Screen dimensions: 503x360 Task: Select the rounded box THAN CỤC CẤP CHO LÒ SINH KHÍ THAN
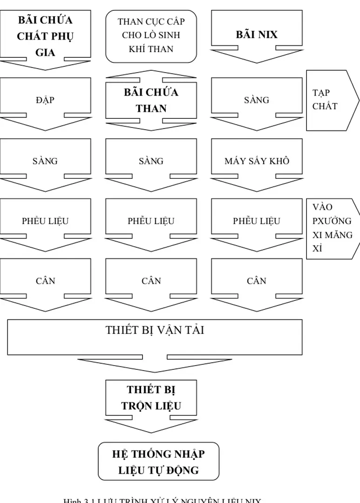point(151,35)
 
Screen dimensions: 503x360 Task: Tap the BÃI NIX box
point(257,34)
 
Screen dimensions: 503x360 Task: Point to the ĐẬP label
point(45,100)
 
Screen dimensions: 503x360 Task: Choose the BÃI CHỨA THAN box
point(151,100)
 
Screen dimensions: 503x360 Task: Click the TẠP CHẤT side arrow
point(331,100)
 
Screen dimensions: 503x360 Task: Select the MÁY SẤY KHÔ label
point(257,161)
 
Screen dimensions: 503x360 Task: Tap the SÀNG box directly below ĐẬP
point(45,161)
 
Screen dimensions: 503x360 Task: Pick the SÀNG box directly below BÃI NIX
point(257,100)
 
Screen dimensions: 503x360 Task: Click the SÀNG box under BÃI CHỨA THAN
point(151,161)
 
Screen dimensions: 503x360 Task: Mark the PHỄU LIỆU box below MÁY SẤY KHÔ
point(257,221)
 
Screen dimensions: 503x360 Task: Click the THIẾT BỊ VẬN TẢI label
point(155,330)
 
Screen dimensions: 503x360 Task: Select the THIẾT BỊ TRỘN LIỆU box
point(151,397)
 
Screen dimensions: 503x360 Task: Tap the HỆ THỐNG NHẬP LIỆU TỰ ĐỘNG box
point(158,462)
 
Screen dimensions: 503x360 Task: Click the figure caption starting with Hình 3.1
point(163,499)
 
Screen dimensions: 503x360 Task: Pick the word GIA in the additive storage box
point(45,52)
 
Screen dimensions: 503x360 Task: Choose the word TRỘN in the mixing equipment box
point(136,406)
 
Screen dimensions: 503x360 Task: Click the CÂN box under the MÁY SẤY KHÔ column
point(257,281)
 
